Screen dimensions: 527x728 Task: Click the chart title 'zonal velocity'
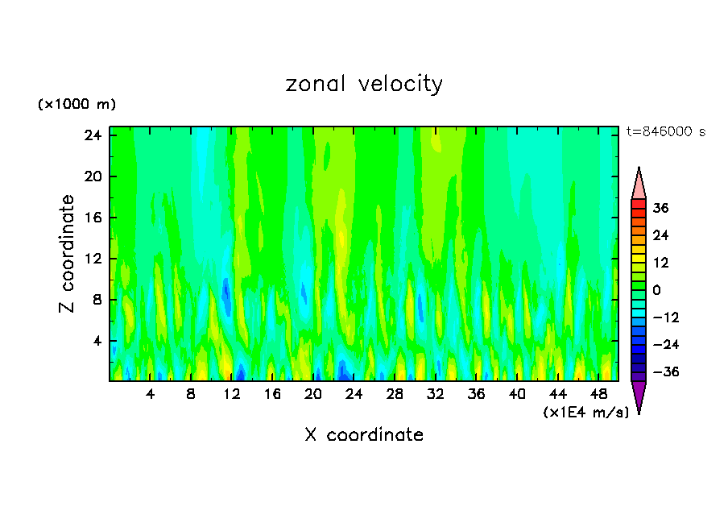pyautogui.click(x=364, y=84)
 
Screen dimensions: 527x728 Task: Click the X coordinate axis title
pyautogui.click(x=364, y=435)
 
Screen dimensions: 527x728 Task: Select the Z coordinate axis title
pyautogui.click(x=68, y=255)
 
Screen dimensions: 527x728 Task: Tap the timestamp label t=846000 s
pyautogui.click(x=665, y=132)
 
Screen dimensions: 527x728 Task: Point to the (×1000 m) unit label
pyautogui.click(x=77, y=105)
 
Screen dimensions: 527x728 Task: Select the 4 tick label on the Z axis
pyautogui.click(x=97, y=341)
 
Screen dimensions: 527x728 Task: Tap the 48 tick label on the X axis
pyautogui.click(x=599, y=395)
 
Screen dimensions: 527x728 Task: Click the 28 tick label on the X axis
pyautogui.click(x=395, y=395)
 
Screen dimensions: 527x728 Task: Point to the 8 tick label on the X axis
pyautogui.click(x=191, y=395)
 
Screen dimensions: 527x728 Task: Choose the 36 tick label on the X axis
pyautogui.click(x=477, y=395)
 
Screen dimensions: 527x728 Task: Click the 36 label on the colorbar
pyautogui.click(x=660, y=208)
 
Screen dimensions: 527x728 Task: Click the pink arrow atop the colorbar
pyautogui.click(x=639, y=183)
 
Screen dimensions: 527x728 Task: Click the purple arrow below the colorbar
pyautogui.click(x=639, y=396)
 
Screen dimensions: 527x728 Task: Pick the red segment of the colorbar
pyautogui.click(x=639, y=206)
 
